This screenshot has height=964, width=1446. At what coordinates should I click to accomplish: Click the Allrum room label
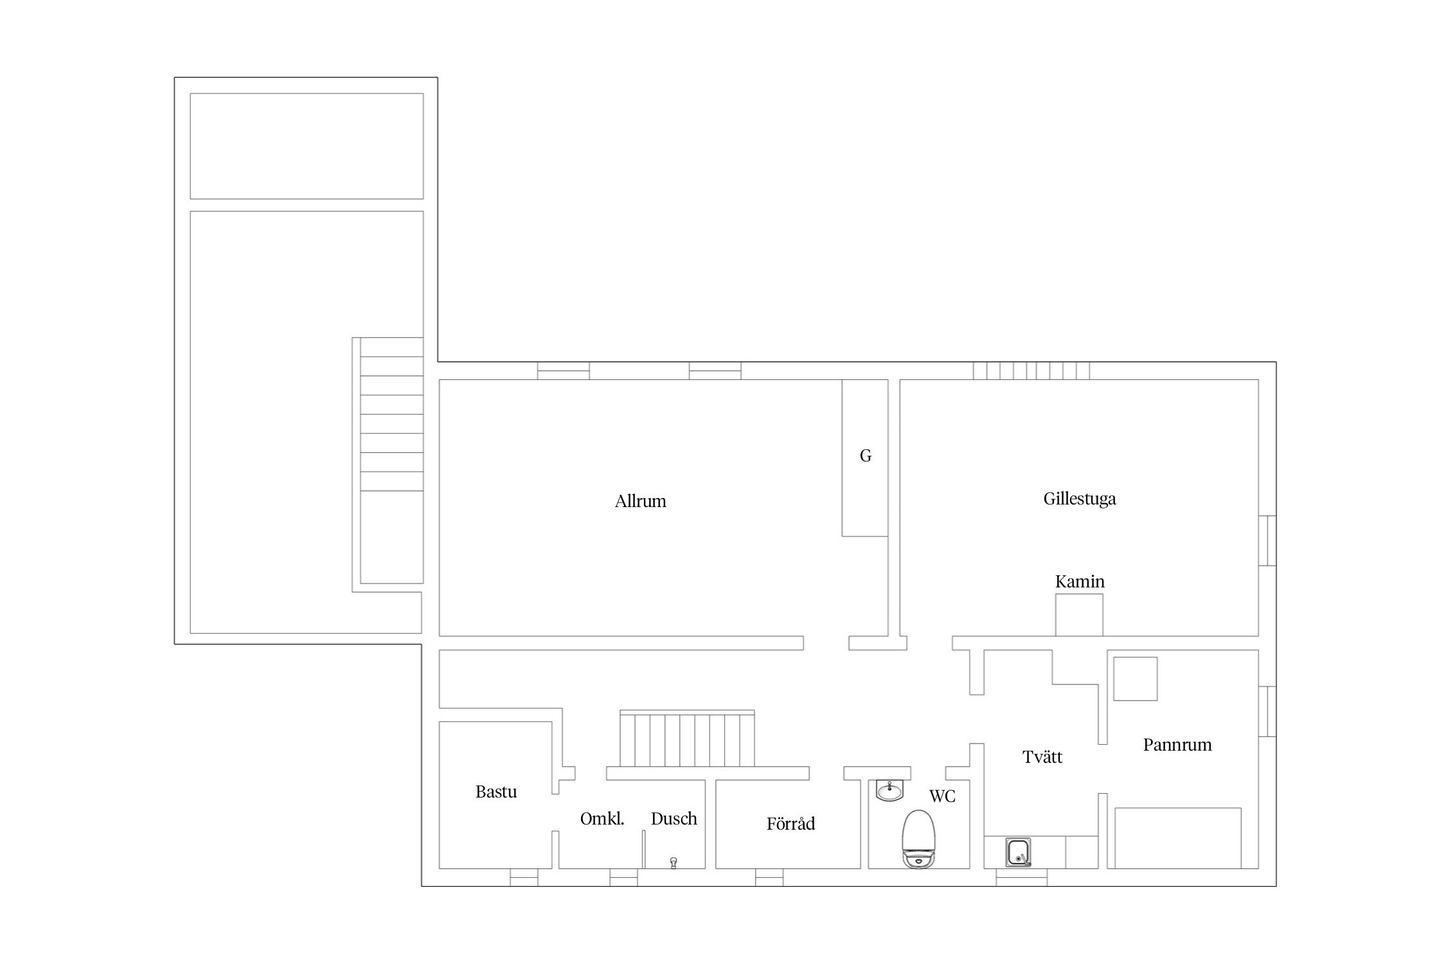pyautogui.click(x=640, y=501)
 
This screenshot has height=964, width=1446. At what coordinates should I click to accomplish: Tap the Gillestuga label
pyautogui.click(x=1080, y=499)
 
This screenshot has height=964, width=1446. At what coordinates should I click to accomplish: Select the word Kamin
pyautogui.click(x=1080, y=582)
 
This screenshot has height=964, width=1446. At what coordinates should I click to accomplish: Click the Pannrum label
pyautogui.click(x=1177, y=745)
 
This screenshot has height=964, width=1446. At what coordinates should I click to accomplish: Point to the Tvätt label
pyautogui.click(x=1042, y=757)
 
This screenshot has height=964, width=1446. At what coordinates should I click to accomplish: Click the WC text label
pyautogui.click(x=942, y=796)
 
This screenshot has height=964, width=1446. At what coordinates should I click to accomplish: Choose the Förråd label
pyautogui.click(x=790, y=823)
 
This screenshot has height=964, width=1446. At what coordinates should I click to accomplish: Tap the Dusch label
pyautogui.click(x=674, y=819)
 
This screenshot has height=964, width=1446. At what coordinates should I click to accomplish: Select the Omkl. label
pyautogui.click(x=602, y=819)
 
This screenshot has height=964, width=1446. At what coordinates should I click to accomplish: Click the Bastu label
pyautogui.click(x=496, y=792)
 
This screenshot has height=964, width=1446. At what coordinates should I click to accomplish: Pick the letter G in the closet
pyautogui.click(x=866, y=456)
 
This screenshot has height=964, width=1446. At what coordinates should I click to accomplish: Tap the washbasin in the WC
pyautogui.click(x=889, y=790)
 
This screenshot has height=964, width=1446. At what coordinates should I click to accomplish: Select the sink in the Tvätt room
pyautogui.click(x=1019, y=852)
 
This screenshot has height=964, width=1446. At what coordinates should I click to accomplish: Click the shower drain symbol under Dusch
pyautogui.click(x=674, y=862)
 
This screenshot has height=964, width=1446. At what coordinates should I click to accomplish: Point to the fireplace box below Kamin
pyautogui.click(x=1080, y=615)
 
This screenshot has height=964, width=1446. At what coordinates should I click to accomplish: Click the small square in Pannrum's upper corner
pyautogui.click(x=1135, y=679)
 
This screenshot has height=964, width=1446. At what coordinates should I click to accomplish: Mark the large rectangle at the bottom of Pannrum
pyautogui.click(x=1178, y=838)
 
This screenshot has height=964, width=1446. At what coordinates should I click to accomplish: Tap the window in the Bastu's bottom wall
pyautogui.click(x=524, y=877)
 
